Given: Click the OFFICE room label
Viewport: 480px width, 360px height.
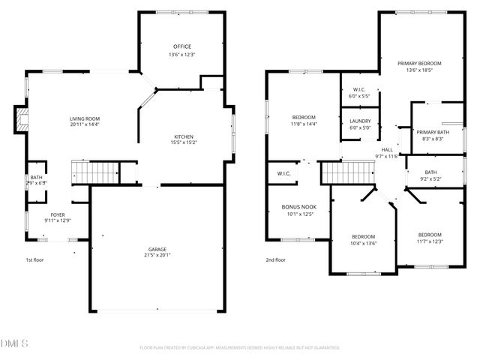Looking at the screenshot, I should pos(181,46).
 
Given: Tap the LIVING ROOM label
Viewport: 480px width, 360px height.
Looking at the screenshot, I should pos(85,118).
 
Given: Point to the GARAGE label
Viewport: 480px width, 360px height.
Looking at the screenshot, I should pos(157,249).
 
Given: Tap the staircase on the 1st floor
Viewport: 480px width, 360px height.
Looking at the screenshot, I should pos(96,172).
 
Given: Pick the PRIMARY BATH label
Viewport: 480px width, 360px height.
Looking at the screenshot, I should pos(432,131).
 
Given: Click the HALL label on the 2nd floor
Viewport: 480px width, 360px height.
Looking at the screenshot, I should pos(388,149).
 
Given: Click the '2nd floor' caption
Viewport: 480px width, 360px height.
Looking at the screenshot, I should pos(275,259).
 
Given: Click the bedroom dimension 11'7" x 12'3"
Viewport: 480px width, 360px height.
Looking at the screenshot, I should pos(430,241).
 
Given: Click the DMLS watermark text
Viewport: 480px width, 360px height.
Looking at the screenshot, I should pos(14,344).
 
